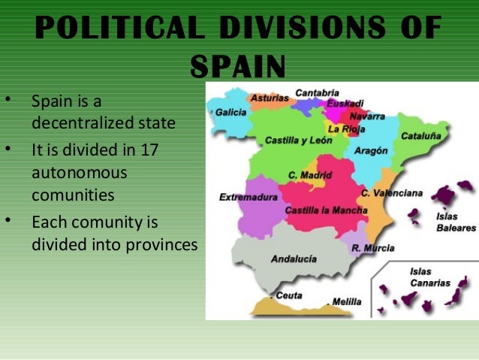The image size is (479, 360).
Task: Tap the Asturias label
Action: tap(268, 98)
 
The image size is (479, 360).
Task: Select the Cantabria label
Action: tap(316, 92)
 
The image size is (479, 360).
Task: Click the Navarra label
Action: tap(367, 116)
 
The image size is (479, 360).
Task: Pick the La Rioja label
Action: tap(346, 129)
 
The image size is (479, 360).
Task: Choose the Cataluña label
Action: tap(421, 137)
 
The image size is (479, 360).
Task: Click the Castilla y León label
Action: tap(297, 141)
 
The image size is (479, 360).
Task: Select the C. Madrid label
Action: tap(309, 175)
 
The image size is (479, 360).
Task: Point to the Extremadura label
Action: tap(249, 197)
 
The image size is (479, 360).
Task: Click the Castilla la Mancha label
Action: tap(326, 210)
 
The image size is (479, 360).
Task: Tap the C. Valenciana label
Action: tap(391, 193)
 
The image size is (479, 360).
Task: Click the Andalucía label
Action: tap(293, 259)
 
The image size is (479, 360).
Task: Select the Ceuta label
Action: tap(288, 295)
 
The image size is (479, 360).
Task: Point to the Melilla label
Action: tap(347, 301)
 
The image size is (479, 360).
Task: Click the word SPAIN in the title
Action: tap(238, 66)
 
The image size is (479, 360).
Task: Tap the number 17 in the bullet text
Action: tap(149, 150)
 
